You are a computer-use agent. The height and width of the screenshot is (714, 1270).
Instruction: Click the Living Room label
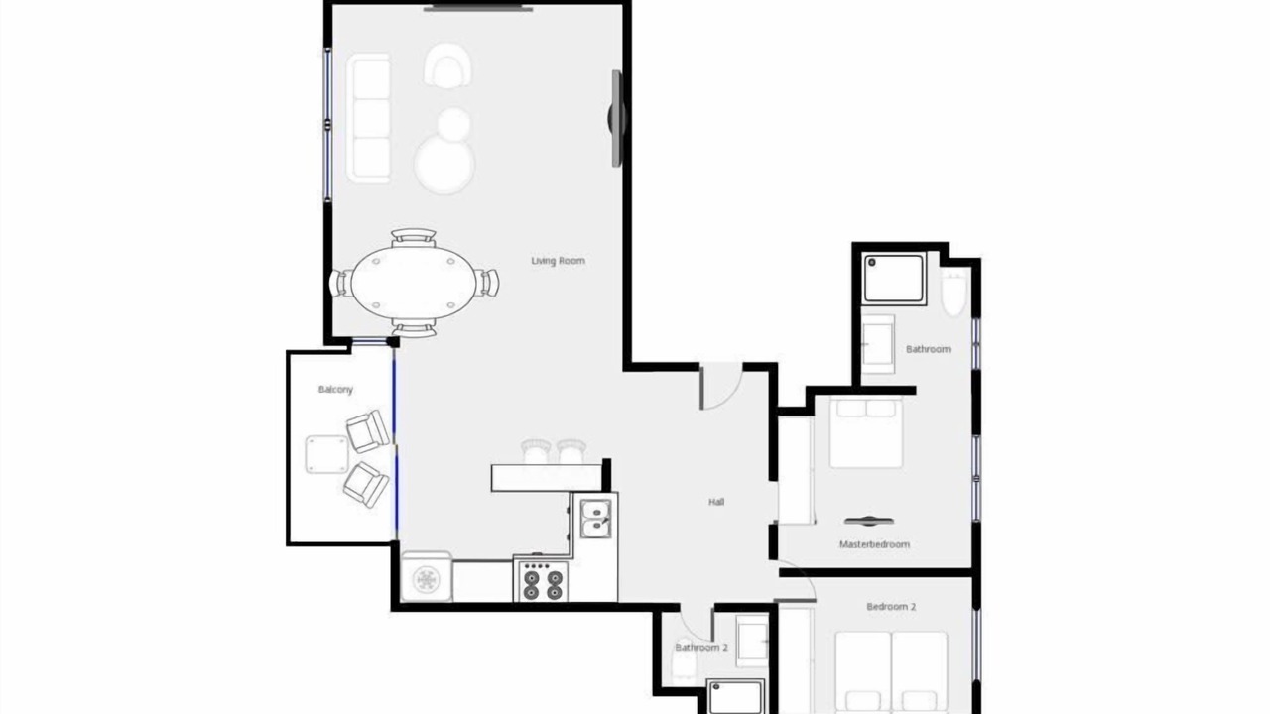pos(558,261)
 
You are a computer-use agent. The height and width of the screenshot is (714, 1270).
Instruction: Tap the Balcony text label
pos(335,390)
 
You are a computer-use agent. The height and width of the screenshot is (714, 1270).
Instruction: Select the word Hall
pos(716,502)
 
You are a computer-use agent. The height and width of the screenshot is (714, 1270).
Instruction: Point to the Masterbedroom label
pos(874,544)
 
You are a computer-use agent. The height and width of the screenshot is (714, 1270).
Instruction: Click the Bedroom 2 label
pos(891,606)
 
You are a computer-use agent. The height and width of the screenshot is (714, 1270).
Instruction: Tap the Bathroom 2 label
pos(701,648)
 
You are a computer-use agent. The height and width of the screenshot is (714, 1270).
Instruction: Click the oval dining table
pos(414,283)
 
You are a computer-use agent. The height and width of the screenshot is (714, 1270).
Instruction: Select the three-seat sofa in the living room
pos(368,118)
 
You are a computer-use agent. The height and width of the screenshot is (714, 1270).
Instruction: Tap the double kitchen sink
pos(596,519)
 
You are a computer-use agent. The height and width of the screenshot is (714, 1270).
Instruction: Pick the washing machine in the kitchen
pos(427,577)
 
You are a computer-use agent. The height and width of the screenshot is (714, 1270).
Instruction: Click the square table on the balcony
pos(326,454)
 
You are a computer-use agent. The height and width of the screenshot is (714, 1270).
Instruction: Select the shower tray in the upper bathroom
pos(894,279)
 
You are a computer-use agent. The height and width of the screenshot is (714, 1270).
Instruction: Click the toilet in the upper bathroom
pos(953,293)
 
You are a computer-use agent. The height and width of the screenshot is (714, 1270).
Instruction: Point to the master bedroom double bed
pos(866,433)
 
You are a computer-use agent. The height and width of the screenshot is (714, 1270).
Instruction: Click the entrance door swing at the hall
pos(720,387)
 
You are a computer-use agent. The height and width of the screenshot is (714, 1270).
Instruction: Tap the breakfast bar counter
pos(547,478)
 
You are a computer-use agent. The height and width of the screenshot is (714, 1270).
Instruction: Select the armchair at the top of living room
pos(447,65)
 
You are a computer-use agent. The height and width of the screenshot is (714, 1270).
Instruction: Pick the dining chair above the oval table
pos(414,237)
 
